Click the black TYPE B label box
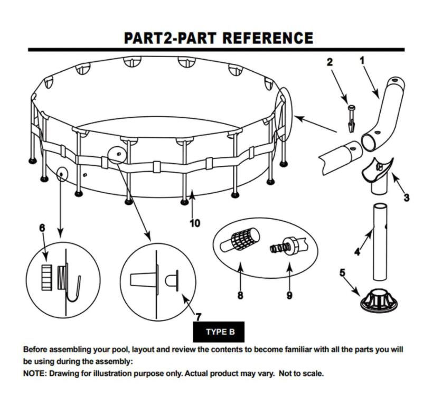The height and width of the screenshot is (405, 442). click(x=220, y=332)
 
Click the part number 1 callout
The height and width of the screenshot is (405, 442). click(x=362, y=61)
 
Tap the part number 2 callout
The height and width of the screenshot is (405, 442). click(x=330, y=62)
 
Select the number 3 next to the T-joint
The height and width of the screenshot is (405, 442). click(x=406, y=197)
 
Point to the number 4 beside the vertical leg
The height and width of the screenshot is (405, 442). click(x=358, y=252)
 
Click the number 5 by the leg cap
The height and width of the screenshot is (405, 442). click(x=343, y=272)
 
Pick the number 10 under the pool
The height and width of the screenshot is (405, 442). click(x=195, y=223)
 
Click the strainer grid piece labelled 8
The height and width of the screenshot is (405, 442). click(x=241, y=240)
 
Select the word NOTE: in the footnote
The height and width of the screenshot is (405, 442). click(x=35, y=373)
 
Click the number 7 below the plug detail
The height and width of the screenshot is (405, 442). click(x=198, y=317)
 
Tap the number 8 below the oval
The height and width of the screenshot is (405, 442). click(x=240, y=295)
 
